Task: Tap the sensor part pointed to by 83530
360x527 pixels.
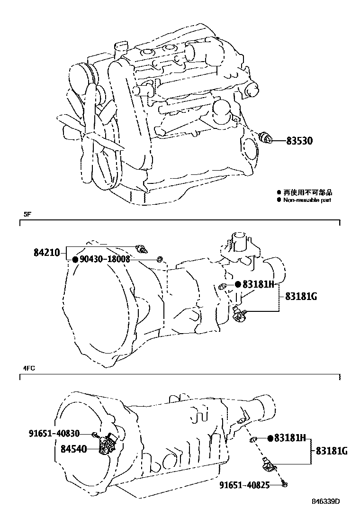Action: (268, 138)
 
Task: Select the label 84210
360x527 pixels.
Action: (46, 253)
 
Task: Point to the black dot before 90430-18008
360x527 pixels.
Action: (75, 260)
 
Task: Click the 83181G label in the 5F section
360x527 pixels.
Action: (300, 297)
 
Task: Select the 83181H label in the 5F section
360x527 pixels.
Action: (258, 284)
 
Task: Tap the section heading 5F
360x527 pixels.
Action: (27, 215)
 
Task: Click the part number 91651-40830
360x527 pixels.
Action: (54, 433)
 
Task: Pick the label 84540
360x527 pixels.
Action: (73, 448)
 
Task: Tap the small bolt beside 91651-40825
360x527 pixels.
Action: (284, 484)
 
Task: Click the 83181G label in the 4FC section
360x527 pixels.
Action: (332, 451)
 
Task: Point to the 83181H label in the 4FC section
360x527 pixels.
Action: (291, 438)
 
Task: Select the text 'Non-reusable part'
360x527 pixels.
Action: (307, 200)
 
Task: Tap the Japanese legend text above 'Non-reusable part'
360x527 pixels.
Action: (307, 192)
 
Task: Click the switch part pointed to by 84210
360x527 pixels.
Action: (141, 248)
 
